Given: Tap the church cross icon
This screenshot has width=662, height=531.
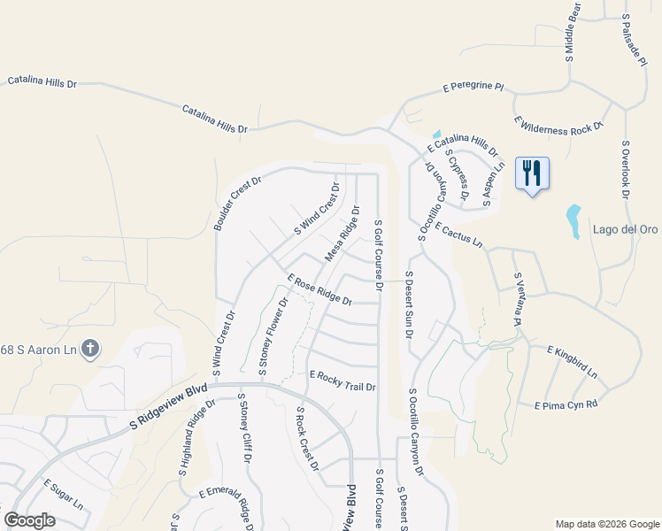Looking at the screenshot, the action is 89,349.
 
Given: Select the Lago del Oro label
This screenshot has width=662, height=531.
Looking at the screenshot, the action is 626,230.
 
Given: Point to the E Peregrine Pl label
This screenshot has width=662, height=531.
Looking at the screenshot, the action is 473,88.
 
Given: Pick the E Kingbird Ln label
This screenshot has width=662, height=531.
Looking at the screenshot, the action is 573,362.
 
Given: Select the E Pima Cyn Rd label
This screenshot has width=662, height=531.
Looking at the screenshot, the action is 567,404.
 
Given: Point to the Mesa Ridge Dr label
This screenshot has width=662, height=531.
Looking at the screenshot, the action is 343,235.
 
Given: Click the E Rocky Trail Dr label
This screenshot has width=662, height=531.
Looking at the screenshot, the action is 343,381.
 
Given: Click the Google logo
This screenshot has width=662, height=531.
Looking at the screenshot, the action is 29,520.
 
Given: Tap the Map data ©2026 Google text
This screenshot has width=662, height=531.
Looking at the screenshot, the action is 607,524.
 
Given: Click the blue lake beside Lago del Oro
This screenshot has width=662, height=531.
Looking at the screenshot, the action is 573,217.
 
